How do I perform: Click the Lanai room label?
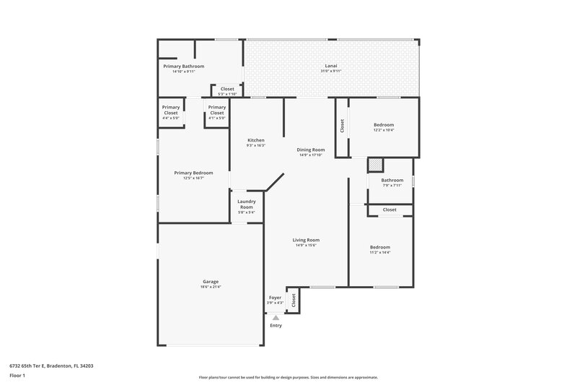[x=332, y=66]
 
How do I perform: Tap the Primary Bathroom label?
[x=183, y=66]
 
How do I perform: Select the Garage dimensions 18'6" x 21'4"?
[x=211, y=287]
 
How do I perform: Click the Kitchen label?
[x=255, y=140]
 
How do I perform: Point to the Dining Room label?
[x=310, y=150]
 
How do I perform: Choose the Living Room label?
[x=306, y=240]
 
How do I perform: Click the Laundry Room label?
[x=246, y=204]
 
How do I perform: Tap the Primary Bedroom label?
[x=193, y=173]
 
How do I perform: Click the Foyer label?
[x=275, y=297]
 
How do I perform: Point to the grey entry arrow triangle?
[x=276, y=316]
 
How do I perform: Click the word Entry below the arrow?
[x=276, y=326]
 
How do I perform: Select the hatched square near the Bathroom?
[x=375, y=165]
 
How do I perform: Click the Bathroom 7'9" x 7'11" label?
[x=392, y=180]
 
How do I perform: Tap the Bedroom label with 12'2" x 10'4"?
[x=383, y=124]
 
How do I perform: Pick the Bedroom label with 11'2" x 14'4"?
[x=379, y=247]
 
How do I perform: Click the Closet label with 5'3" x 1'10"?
[x=227, y=89]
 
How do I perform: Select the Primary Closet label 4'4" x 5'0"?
[x=170, y=110]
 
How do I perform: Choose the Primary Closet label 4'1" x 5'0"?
[x=217, y=110]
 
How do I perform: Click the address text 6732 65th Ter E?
[x=51, y=365]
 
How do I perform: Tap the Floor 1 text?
[x=17, y=376]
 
